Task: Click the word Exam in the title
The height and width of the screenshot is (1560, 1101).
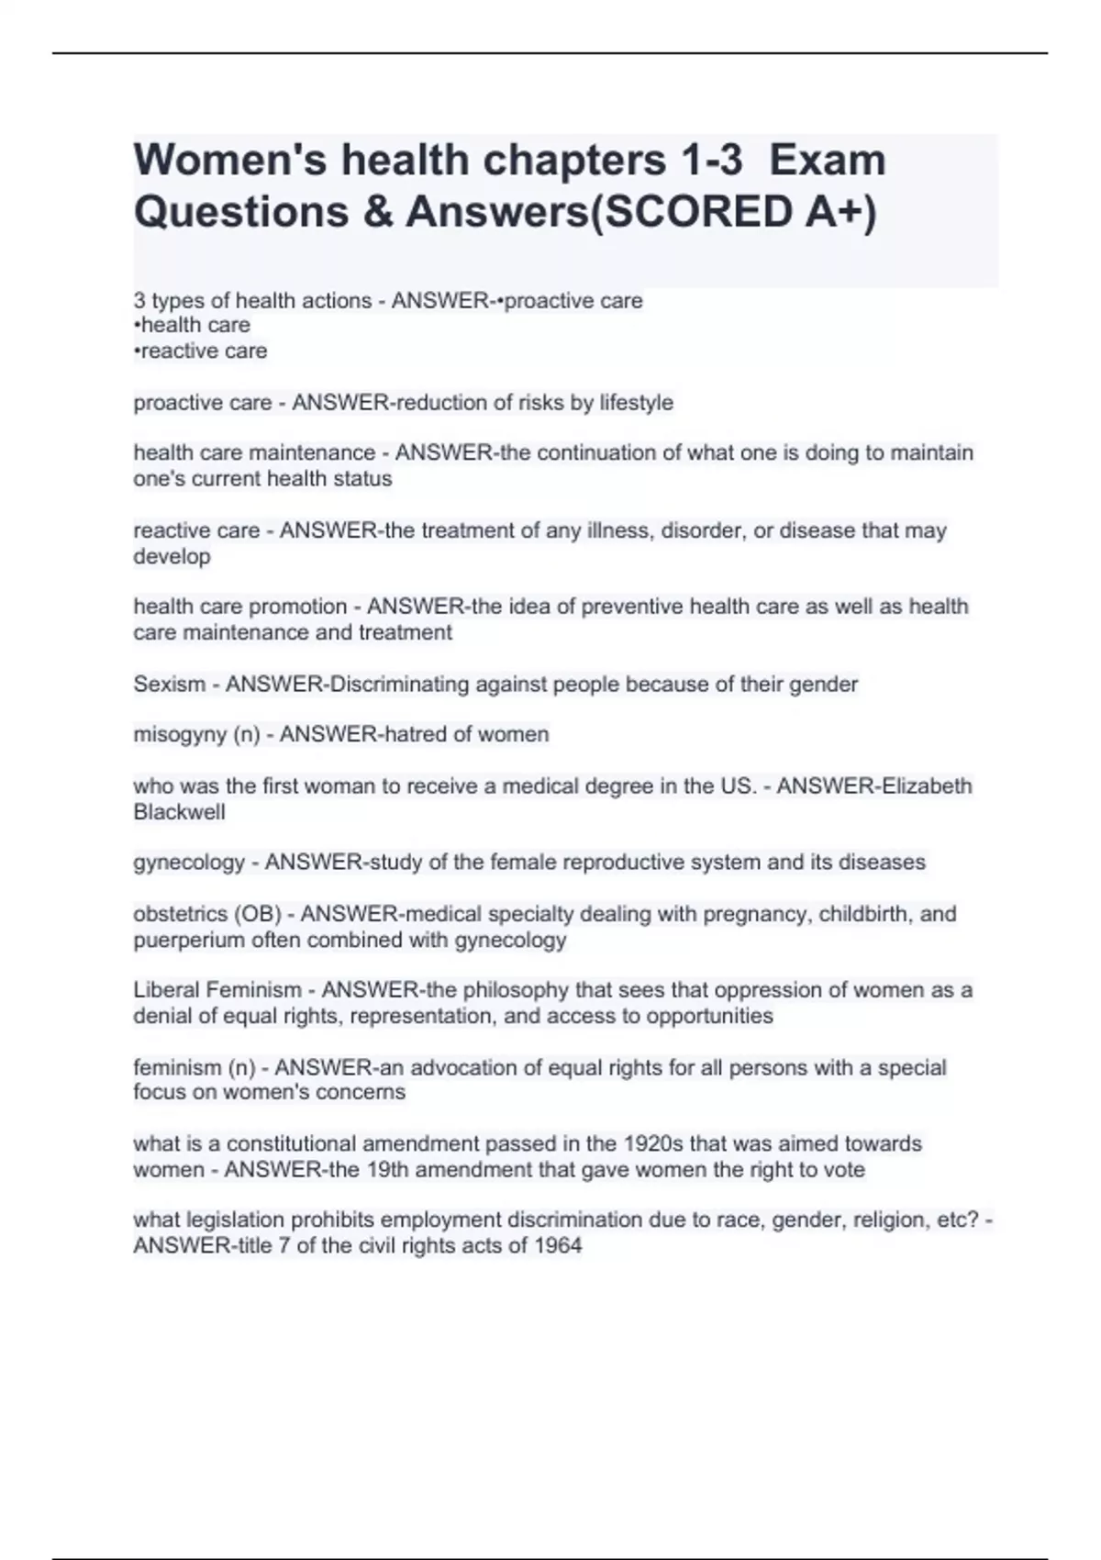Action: click(828, 161)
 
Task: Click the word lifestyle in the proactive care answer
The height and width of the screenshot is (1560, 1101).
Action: click(636, 403)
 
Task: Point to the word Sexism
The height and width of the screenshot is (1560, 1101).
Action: click(169, 685)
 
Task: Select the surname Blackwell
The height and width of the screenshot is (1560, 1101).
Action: click(179, 812)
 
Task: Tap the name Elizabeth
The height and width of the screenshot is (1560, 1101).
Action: click(926, 786)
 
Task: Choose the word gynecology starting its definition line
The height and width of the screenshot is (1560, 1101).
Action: click(189, 863)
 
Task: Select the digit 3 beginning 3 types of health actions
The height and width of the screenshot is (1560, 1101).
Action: click(139, 301)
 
